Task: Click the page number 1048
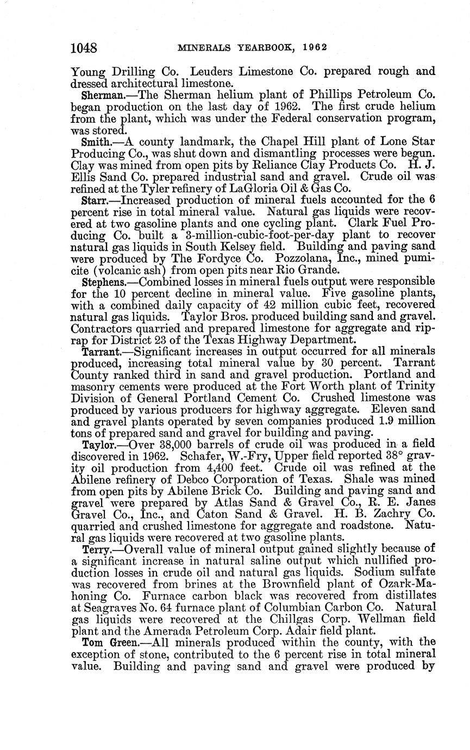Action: [84, 48]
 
